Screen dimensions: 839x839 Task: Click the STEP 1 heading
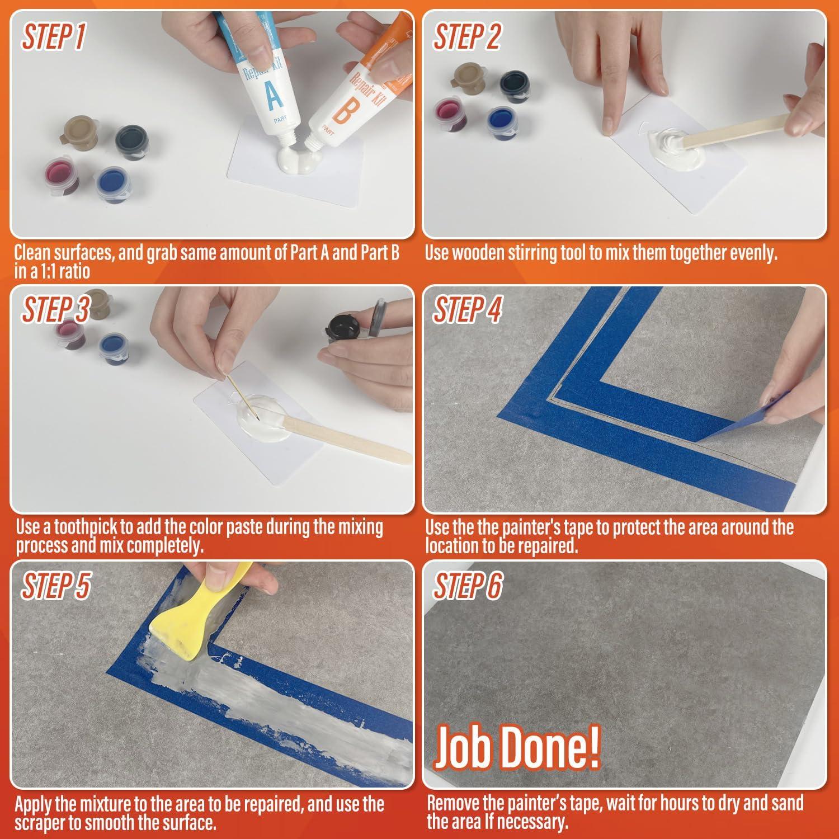click(x=54, y=37)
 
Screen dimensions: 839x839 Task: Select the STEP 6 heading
click(x=468, y=586)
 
